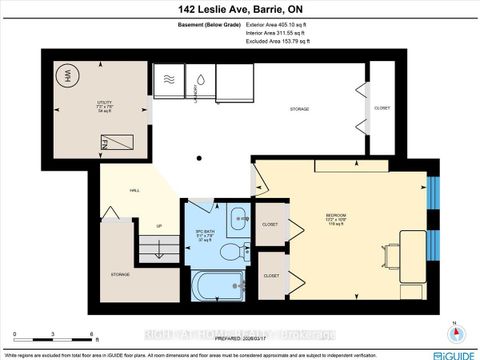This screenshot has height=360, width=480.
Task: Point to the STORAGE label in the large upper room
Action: (298, 108)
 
